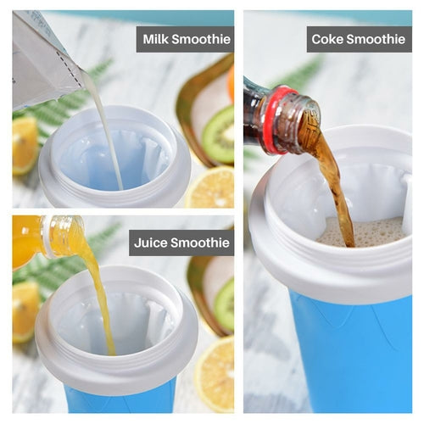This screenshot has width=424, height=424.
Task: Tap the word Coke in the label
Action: click(x=326, y=39)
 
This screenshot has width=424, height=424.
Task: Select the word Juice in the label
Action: click(x=152, y=243)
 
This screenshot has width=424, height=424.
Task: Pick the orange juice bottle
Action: click(x=47, y=237)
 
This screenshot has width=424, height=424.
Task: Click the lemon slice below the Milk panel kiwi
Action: click(x=213, y=187)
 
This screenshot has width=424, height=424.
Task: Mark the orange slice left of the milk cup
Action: click(x=25, y=144)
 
